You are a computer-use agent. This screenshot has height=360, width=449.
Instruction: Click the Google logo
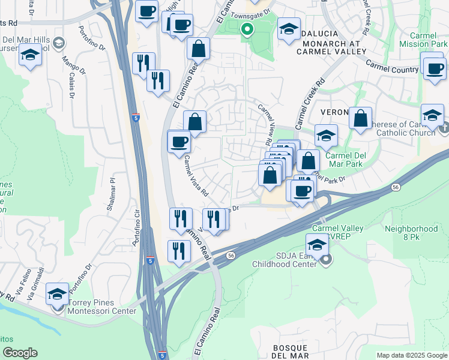tap(20, 353)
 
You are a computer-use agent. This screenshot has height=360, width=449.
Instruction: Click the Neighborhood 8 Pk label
tap(411, 233)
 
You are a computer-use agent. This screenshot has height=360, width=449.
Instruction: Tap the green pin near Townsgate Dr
tap(247, 29)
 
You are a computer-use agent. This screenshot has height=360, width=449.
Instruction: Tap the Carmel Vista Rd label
tap(196, 177)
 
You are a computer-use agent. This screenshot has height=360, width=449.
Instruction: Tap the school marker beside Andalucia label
tap(289, 29)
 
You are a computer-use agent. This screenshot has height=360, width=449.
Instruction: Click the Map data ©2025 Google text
tap(412, 355)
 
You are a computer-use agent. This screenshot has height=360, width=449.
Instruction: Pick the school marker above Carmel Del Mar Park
tap(326, 136)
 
